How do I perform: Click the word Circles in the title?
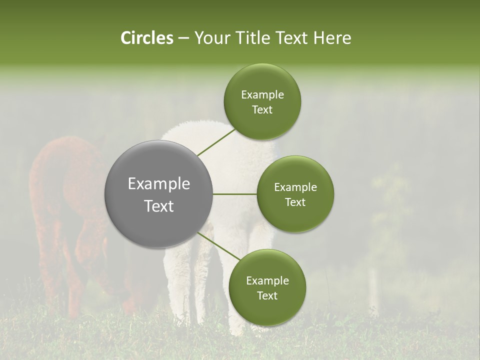(146, 38)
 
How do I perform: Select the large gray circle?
(158, 194)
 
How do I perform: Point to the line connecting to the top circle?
(216, 142)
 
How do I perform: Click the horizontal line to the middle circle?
(235, 194)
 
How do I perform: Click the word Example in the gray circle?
(158, 184)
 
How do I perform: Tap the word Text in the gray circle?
(158, 206)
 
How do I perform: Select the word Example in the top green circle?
(262, 95)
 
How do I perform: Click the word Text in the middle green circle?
(295, 202)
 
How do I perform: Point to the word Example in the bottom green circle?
(267, 281)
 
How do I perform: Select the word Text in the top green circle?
(262, 110)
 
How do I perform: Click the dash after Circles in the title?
(183, 38)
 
